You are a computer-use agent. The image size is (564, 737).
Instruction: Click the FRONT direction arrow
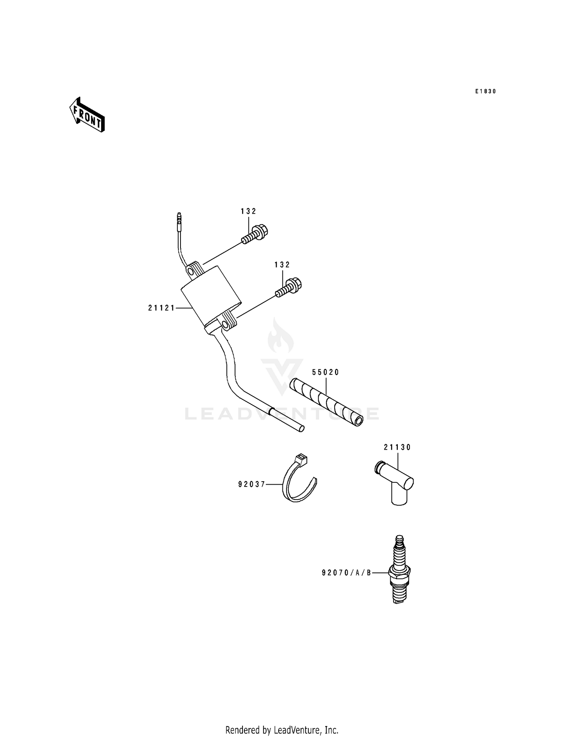coord(87,115)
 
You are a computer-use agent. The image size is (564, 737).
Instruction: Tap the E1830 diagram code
coord(485,91)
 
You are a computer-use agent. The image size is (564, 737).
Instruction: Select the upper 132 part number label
coord(249,211)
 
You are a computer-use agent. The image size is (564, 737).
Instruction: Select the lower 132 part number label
coord(282,265)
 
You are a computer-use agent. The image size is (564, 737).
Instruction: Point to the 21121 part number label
coord(161,308)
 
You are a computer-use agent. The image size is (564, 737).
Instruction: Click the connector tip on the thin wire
coord(179,217)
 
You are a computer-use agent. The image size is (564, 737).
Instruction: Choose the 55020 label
coord(326,372)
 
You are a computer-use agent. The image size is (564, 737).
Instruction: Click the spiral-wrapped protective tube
coord(326,402)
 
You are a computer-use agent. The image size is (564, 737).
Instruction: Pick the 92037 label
coord(252,485)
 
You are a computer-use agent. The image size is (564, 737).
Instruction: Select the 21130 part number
coord(397,447)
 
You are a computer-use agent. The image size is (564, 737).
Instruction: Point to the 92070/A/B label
coord(346,573)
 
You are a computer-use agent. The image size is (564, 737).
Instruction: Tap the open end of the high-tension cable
coord(301,429)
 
